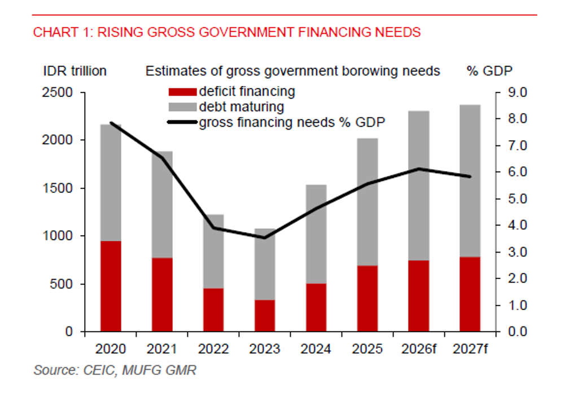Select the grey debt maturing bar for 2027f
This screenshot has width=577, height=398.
tap(470, 180)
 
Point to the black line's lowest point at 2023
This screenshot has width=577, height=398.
tap(264, 237)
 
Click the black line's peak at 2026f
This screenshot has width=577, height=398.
tap(419, 169)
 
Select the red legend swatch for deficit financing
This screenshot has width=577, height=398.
tap(182, 92)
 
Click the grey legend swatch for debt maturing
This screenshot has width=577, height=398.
tap(182, 107)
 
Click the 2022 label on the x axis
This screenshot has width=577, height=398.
tap(213, 349)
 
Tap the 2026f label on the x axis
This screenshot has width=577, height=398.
tap(418, 349)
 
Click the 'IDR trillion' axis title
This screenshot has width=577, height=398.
tap(75, 71)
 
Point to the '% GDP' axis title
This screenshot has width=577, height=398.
tap(489, 71)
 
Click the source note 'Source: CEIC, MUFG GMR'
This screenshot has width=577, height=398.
tap(115, 370)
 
